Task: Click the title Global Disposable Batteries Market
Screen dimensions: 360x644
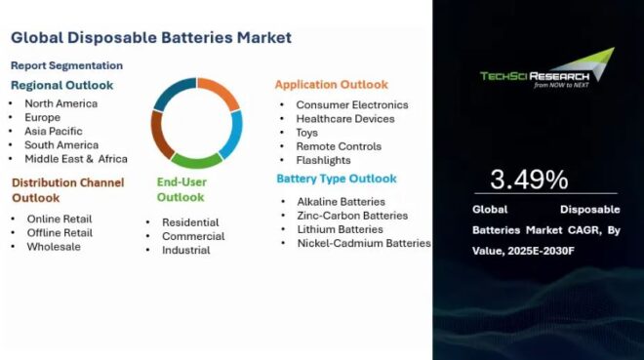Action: (x=151, y=38)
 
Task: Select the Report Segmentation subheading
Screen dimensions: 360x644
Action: (x=66, y=65)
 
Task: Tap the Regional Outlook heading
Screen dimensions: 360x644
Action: (x=62, y=85)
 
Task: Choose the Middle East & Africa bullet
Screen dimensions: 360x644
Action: (x=76, y=158)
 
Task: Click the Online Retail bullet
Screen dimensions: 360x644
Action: (x=60, y=219)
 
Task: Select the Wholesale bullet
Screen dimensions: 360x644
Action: (x=54, y=246)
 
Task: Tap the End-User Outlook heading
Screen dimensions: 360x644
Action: (x=181, y=189)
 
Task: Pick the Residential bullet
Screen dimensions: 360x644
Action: (x=190, y=222)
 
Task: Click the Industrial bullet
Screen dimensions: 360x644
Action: (x=185, y=250)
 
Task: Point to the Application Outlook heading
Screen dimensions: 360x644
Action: (x=331, y=85)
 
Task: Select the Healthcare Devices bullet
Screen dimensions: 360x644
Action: (x=345, y=118)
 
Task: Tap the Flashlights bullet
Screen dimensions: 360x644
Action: (x=323, y=160)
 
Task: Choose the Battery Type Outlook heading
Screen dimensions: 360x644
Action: (x=336, y=179)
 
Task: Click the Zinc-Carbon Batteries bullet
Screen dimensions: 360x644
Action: (x=351, y=216)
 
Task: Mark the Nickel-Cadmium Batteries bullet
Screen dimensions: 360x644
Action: (x=363, y=243)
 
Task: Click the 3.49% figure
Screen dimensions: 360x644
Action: (x=529, y=180)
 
